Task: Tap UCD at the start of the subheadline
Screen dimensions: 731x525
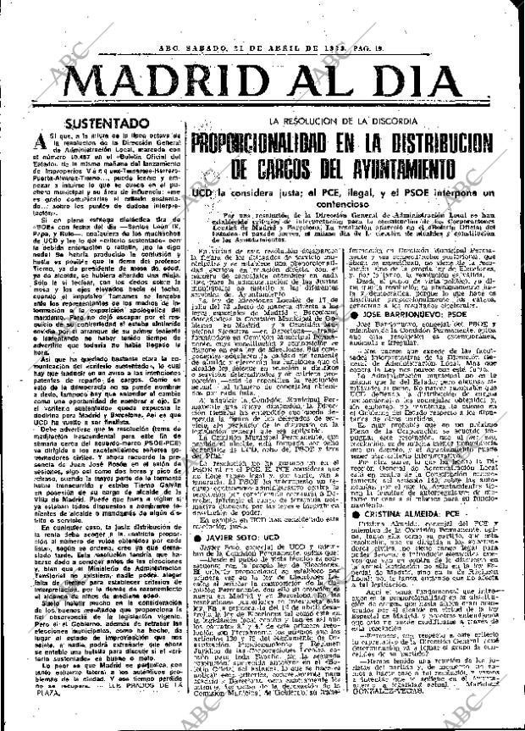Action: pos(199,193)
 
